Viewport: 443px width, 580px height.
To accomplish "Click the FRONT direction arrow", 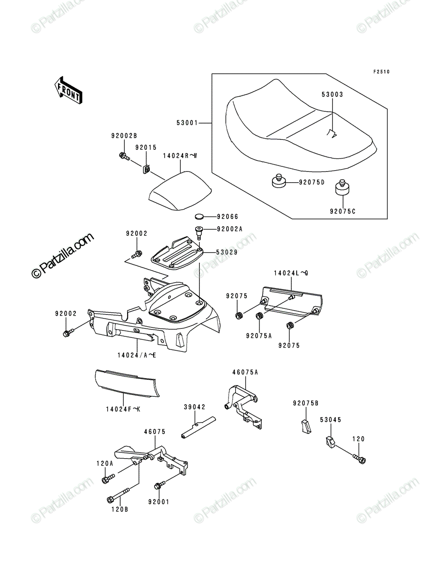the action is pyautogui.click(x=69, y=90).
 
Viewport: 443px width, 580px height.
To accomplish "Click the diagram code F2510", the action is pyautogui.click(x=381, y=72).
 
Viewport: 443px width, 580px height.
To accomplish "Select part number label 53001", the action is pyautogui.click(x=187, y=123).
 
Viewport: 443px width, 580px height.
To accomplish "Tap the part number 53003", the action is pyautogui.click(x=332, y=94).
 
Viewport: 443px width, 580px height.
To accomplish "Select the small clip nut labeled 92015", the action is pyautogui.click(x=146, y=169).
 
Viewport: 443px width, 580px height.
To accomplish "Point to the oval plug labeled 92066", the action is pyautogui.click(x=200, y=217).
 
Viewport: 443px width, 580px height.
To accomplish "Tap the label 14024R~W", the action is pyautogui.click(x=180, y=156).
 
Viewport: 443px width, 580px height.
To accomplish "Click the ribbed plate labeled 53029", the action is pyautogui.click(x=177, y=253).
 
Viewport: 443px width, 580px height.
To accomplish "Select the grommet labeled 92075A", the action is pyautogui.click(x=259, y=316).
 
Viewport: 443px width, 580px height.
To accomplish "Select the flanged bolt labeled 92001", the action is pyautogui.click(x=160, y=485).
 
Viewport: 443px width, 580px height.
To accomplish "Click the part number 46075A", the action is pyautogui.click(x=245, y=372).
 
